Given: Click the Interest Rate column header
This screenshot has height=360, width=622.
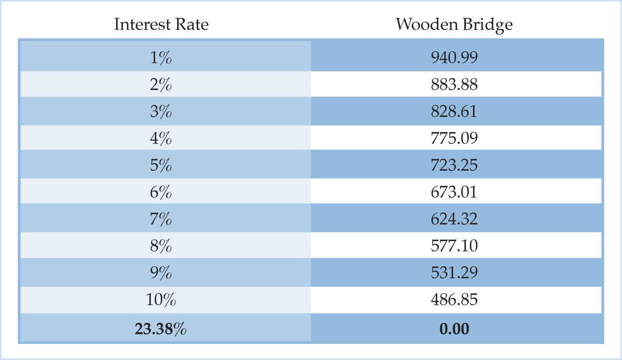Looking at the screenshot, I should [x=161, y=24].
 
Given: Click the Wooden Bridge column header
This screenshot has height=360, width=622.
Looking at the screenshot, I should [x=454, y=24].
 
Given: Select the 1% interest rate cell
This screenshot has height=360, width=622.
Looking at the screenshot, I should [x=161, y=57].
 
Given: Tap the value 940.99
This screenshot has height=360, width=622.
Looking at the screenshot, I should [x=454, y=57].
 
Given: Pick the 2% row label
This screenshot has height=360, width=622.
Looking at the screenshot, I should [x=161, y=84].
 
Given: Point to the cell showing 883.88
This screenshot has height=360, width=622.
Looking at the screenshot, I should [x=454, y=84].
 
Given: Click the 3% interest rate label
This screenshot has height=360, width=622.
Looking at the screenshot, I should [x=161, y=111].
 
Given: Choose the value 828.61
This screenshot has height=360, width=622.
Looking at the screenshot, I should [x=454, y=111].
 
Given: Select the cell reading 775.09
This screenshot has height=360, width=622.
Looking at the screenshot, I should [x=454, y=138].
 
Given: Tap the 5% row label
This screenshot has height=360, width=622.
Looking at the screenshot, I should [x=161, y=165].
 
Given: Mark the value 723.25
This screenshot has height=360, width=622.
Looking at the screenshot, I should [x=454, y=165].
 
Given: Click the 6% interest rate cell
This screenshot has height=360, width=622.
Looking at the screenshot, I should [x=161, y=192].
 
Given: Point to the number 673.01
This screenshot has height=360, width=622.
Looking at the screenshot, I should [x=454, y=192].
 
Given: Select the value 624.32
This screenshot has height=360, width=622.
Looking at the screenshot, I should [x=454, y=219].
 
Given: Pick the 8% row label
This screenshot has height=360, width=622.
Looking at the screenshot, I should [x=161, y=246].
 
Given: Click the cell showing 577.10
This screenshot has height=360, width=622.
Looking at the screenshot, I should [x=454, y=246].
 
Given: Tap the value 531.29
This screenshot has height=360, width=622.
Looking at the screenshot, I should [x=454, y=273].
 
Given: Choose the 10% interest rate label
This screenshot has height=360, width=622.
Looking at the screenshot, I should [x=161, y=300].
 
